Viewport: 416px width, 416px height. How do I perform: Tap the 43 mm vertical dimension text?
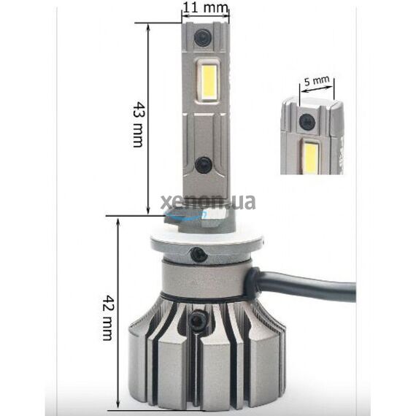coord(136,124)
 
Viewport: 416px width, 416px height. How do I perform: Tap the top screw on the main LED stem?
coord(204,36)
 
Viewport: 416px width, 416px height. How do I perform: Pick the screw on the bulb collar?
coord(197,254)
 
